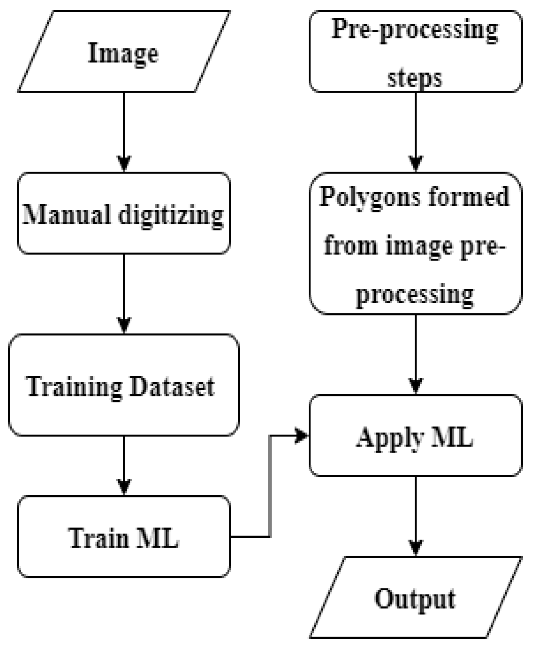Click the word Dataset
172,387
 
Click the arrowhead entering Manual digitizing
124,163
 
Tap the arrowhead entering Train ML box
124,487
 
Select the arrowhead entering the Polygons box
416,163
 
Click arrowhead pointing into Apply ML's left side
301,436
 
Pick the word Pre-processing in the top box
415,29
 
